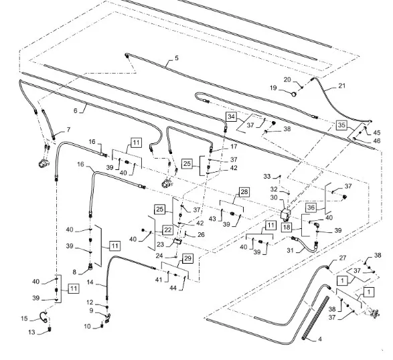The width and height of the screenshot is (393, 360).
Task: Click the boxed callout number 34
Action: pos(232,116)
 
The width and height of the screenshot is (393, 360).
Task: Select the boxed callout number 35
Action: pos(341,125)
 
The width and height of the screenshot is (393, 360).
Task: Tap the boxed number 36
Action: pos(311,207)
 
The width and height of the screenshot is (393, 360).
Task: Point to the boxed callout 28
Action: pos(244,192)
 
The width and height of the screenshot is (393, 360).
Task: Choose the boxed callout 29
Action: pos(188,258)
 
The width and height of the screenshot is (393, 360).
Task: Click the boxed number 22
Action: pos(168,230)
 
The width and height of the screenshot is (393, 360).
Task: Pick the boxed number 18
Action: pos(287,227)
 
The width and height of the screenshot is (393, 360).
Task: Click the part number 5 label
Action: pos(177,58)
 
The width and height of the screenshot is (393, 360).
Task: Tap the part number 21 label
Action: pos(341,86)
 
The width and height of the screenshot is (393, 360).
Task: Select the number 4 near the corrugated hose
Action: pos(320,339)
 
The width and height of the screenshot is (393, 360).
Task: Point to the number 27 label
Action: pos(342,258)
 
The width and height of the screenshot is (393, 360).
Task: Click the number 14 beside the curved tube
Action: pos(90,282)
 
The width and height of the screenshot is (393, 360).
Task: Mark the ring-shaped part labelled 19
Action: pos(293,94)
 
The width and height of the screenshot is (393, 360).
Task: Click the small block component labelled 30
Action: pos(285,215)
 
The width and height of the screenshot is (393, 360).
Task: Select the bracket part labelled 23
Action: pos(177,242)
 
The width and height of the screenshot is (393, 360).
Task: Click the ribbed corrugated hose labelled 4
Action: pos(315,318)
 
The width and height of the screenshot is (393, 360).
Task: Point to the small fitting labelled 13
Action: pos(50,329)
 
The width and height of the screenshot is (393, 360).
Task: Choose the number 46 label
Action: pos(377,141)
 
